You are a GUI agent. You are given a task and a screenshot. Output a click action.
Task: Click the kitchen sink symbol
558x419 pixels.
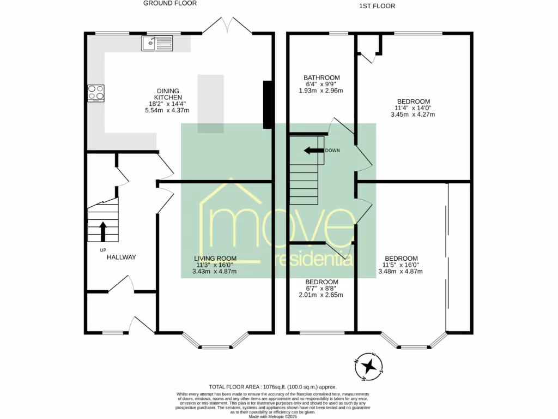(x=156, y=43)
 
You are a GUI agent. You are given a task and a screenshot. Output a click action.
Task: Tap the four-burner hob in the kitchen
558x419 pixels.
(x=96, y=93)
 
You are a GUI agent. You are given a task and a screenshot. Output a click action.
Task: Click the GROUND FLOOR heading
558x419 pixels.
(x=170, y=3)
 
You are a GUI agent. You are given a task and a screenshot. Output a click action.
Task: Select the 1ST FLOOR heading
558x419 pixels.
(x=377, y=6)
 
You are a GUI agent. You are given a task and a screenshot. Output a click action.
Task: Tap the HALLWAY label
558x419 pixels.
(x=121, y=257)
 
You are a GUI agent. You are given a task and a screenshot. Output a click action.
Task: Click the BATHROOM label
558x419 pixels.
(x=322, y=77)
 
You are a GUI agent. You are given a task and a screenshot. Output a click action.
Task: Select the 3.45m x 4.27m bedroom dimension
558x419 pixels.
(x=413, y=115)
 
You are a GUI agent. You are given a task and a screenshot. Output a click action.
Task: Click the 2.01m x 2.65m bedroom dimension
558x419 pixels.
(x=321, y=295)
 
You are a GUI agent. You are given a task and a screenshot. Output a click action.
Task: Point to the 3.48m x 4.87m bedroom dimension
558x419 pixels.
(x=401, y=271)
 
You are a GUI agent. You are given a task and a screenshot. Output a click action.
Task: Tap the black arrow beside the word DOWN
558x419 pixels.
(x=313, y=151)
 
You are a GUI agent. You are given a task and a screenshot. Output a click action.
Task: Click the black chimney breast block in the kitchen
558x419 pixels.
(x=268, y=105)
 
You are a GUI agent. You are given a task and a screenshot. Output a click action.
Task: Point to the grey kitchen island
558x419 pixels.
(x=210, y=104)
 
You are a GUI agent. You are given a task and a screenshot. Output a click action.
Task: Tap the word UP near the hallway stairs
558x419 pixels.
(x=102, y=250)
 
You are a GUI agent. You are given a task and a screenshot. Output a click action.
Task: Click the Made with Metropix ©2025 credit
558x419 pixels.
(x=278, y=416)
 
